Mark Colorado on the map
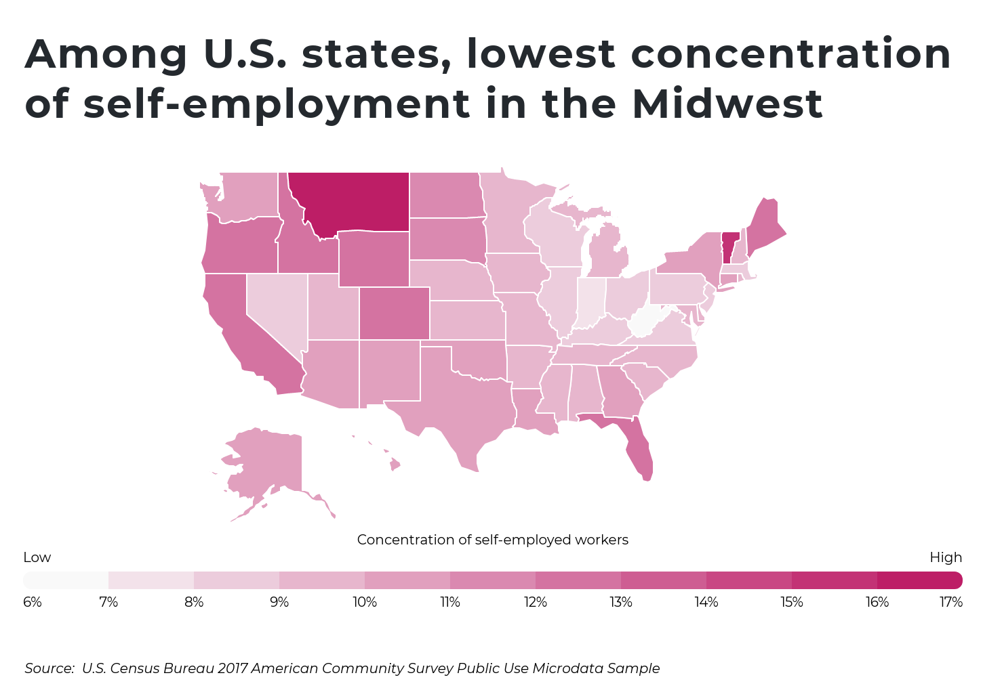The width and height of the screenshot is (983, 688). point(395,313)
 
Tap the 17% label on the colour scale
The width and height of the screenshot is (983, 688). point(951,602)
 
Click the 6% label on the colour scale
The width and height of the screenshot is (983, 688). point(33,602)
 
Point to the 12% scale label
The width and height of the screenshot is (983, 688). point(536,602)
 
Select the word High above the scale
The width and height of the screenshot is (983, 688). point(946,557)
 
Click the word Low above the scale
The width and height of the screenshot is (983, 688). point(37,557)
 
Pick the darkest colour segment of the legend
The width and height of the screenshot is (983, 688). point(919,580)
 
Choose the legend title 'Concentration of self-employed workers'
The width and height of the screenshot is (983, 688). point(492,540)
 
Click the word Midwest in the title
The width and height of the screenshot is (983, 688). point(727,104)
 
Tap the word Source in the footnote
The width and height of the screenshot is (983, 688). point(49,668)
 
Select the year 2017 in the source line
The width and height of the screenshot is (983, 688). point(233,668)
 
